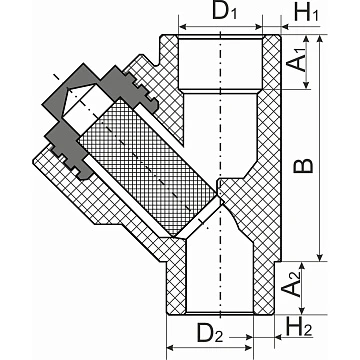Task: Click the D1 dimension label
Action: pyautogui.click(x=225, y=11)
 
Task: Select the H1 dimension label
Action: pyautogui.click(x=306, y=13)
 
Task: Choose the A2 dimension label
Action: pyautogui.click(x=291, y=284)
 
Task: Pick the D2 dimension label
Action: pyautogui.click(x=210, y=333)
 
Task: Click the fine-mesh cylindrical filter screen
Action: pyautogui.click(x=147, y=167)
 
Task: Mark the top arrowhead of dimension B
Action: pyautogui.click(x=320, y=38)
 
